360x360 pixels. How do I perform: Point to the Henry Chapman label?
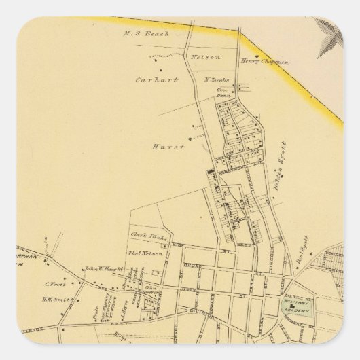coord(265,62)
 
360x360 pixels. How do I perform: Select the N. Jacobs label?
coord(217,81)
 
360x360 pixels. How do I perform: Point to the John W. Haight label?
coord(102,268)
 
